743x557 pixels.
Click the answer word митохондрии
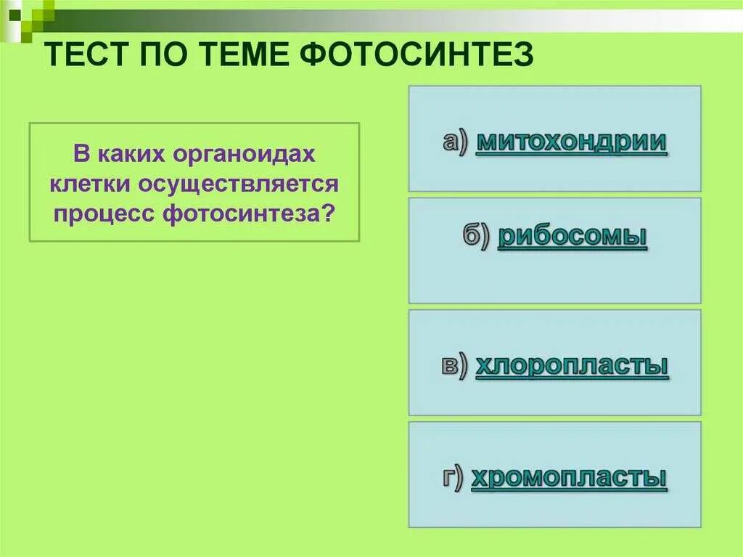571,142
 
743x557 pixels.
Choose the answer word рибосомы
572,237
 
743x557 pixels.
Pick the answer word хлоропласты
572,365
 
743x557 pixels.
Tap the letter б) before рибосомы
477,237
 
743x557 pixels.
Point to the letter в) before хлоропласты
454,365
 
